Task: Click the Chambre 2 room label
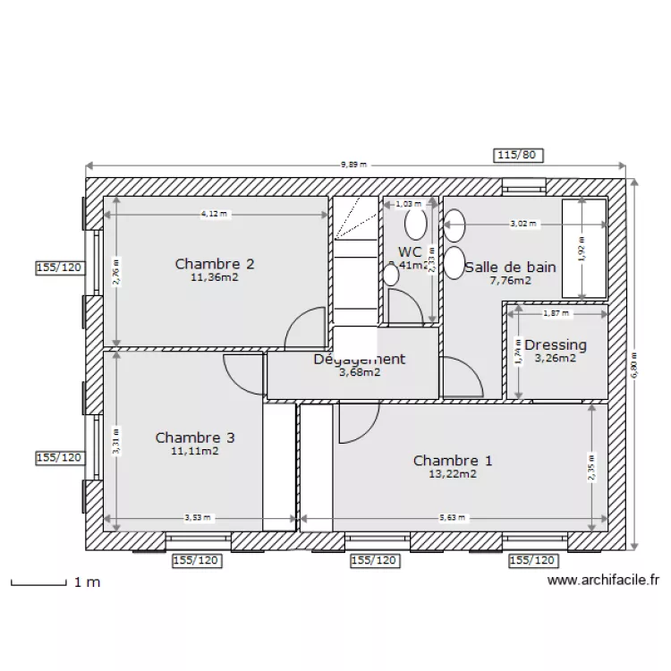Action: pyautogui.click(x=215, y=264)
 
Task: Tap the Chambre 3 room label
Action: pyautogui.click(x=195, y=437)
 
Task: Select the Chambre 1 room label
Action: pyautogui.click(x=453, y=461)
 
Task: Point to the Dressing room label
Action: pyautogui.click(x=555, y=344)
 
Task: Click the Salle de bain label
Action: pyautogui.click(x=510, y=267)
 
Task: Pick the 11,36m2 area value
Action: pyautogui.click(x=215, y=277)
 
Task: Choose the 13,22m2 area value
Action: pyautogui.click(x=453, y=474)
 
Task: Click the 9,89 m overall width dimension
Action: pyautogui.click(x=355, y=165)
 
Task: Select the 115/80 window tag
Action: pyautogui.click(x=518, y=155)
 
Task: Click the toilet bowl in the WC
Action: pyautogui.click(x=415, y=222)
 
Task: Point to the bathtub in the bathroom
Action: pyautogui.click(x=584, y=249)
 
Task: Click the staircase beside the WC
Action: pyautogui.click(x=356, y=259)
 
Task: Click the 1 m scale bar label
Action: pyautogui.click(x=87, y=582)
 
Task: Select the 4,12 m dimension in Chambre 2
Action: pyautogui.click(x=216, y=214)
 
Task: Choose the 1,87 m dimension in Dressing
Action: pyautogui.click(x=556, y=313)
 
